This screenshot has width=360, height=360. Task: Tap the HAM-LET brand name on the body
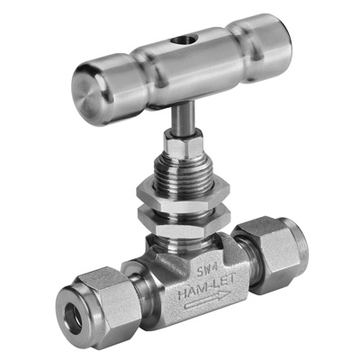coord(207,288)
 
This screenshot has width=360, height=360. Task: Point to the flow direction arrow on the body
coord(208,301)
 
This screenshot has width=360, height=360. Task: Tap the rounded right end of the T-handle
coord(270,48)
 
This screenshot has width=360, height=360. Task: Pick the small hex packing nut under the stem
coord(183,145)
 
